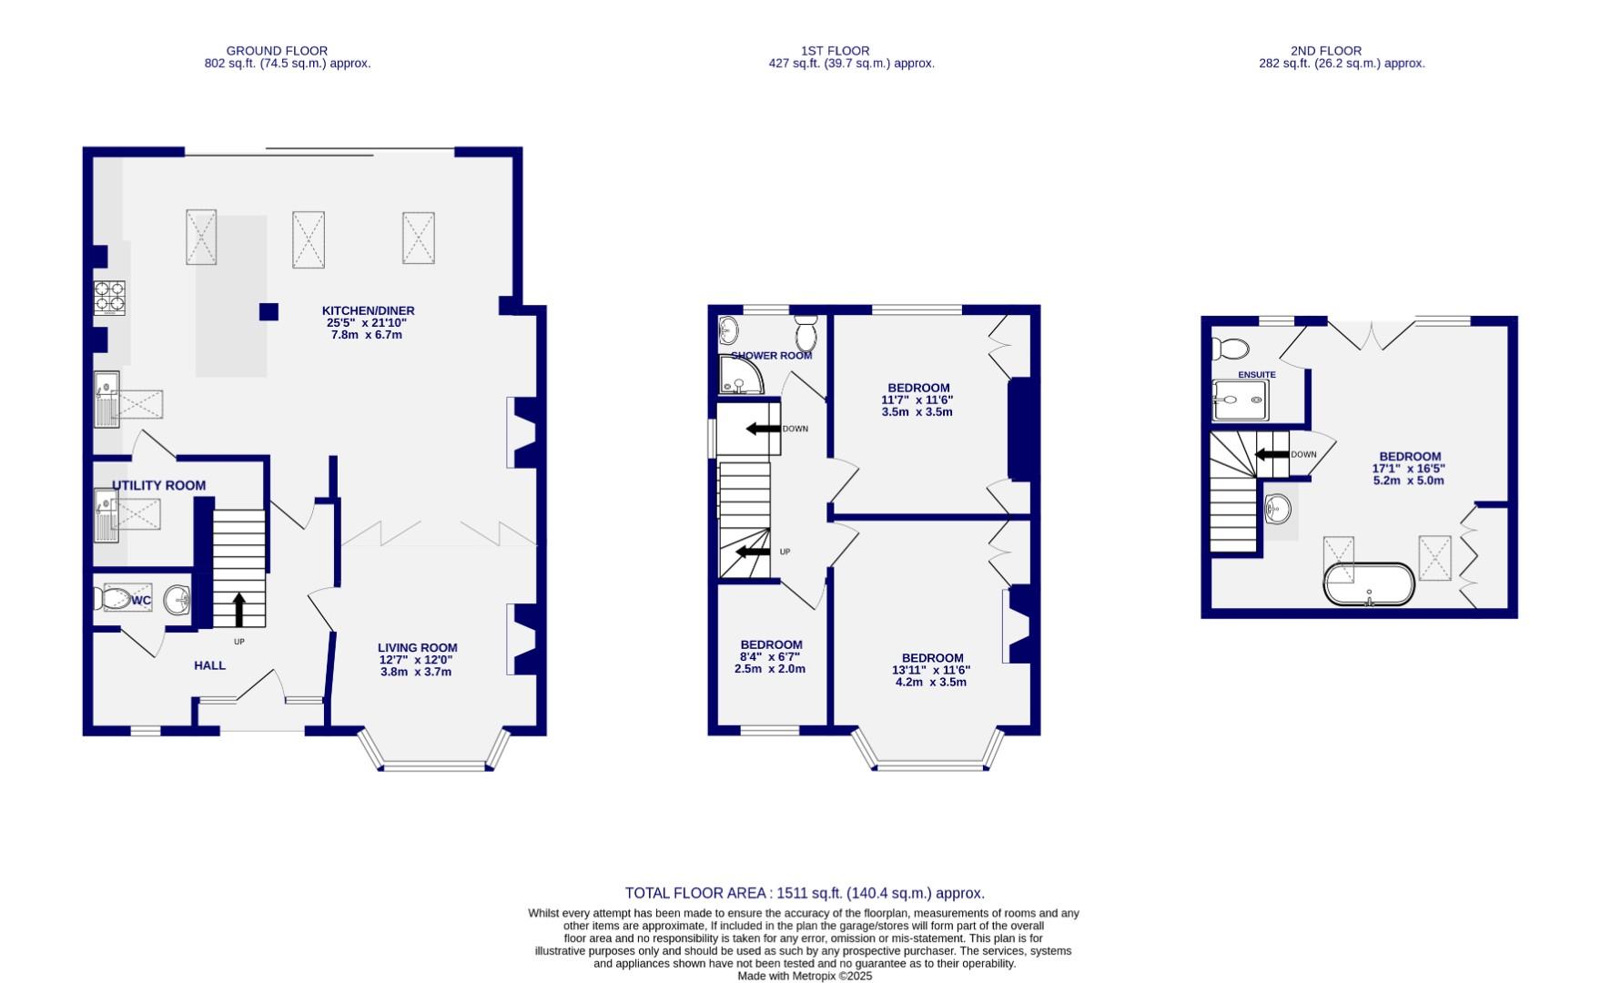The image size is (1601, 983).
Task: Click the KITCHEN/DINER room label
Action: [368, 311]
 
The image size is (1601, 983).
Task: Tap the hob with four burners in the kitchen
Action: [109, 299]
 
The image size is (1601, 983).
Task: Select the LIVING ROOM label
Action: [417, 648]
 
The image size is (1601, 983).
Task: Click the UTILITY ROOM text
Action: [158, 486]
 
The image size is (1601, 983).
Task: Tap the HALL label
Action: [209, 665]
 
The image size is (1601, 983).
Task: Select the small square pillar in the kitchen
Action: [269, 311]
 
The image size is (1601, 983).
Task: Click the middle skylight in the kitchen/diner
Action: [309, 239]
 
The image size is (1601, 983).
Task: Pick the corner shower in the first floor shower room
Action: [740, 375]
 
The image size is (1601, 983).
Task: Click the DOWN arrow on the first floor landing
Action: [763, 429]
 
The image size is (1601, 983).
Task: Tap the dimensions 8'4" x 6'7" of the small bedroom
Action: [769, 657]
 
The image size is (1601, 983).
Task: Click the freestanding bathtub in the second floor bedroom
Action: [1369, 584]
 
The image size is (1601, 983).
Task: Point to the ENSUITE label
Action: [1256, 375]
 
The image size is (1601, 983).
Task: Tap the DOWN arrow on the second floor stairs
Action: [1272, 454]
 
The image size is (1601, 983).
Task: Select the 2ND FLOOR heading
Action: [1325, 51]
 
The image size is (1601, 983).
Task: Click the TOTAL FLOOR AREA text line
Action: [804, 893]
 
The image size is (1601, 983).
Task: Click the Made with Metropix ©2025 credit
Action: [804, 976]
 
